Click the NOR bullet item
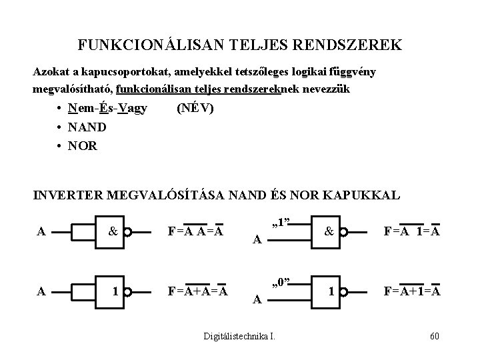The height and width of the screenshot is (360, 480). click(x=83, y=145)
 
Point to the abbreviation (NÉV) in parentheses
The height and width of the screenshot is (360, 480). click(x=195, y=108)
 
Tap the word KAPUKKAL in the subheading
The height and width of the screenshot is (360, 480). click(x=365, y=195)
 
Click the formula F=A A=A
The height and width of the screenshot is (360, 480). click(x=195, y=233)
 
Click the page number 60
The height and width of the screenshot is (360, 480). click(x=434, y=334)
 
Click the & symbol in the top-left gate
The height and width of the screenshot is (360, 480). click(x=113, y=233)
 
